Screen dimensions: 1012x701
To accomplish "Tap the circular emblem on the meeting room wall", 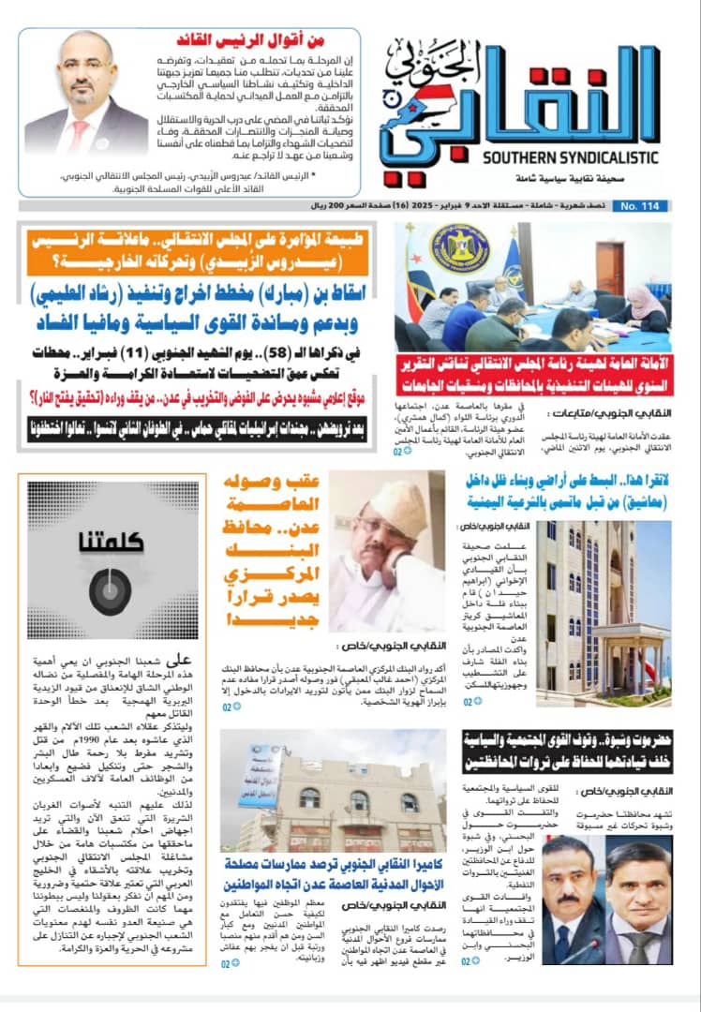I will click(459, 247).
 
